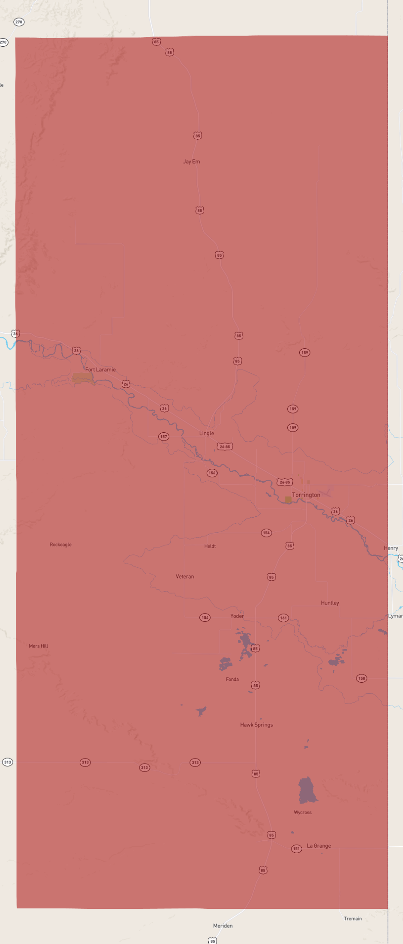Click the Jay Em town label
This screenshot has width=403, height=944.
click(191, 162)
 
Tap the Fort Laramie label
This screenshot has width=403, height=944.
click(100, 369)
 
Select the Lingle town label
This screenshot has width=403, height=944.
click(206, 433)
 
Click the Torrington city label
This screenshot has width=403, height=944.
click(306, 495)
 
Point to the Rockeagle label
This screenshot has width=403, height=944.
click(60, 545)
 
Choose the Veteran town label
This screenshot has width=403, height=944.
click(185, 576)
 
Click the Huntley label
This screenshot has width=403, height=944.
click(330, 603)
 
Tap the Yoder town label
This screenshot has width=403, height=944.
click(237, 616)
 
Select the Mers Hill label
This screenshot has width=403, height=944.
click(38, 646)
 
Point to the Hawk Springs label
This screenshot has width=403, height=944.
click(256, 725)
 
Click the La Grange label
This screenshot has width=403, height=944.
click(319, 846)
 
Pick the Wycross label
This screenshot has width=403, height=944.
click(303, 812)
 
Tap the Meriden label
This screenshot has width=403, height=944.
click(223, 926)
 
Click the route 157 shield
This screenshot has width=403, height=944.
click(164, 437)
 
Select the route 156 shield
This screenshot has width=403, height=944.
click(212, 473)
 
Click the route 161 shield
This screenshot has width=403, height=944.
click(283, 618)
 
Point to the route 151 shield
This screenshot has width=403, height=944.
click(297, 848)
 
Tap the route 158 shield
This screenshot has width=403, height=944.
click(362, 678)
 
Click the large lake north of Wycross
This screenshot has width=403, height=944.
click(307, 790)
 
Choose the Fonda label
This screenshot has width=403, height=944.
click(232, 679)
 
